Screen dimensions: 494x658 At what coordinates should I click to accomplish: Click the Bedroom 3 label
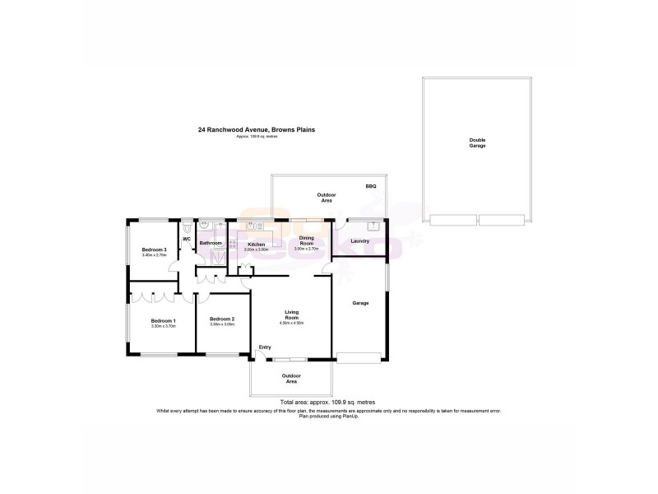click(x=155, y=249)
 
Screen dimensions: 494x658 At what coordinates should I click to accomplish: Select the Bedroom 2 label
click(x=222, y=319)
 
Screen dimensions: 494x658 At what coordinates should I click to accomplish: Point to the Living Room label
click(x=291, y=315)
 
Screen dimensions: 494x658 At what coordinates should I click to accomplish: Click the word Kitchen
click(x=256, y=244)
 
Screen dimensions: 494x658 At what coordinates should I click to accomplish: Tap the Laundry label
click(x=359, y=241)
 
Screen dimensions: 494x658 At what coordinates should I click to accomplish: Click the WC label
click(x=187, y=239)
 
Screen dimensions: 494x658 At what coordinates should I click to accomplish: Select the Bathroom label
click(x=211, y=243)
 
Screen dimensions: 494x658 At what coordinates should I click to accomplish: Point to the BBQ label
click(x=371, y=187)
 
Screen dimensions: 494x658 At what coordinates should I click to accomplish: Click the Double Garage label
click(x=477, y=142)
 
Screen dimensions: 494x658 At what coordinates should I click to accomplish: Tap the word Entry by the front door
click(x=265, y=347)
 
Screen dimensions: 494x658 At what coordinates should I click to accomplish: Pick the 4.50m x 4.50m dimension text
click(x=292, y=324)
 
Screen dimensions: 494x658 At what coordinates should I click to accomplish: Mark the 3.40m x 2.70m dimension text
click(x=155, y=255)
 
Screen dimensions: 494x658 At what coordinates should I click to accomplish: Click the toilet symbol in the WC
click(x=188, y=225)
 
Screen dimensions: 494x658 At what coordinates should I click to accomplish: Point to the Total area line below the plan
click(x=327, y=402)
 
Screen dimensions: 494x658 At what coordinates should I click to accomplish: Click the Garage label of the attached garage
click(x=360, y=303)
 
